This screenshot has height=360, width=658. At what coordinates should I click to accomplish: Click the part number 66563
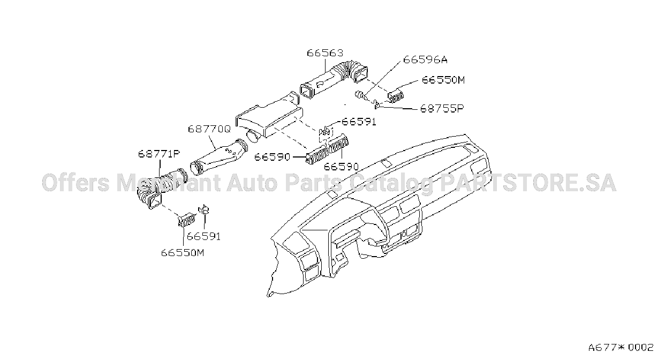pyautogui.click(x=325, y=53)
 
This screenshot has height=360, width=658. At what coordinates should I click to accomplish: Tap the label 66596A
pyautogui.click(x=425, y=59)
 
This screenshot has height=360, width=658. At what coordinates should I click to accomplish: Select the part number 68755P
pyautogui.click(x=442, y=108)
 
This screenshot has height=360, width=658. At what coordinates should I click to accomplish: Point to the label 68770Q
pyautogui.click(x=209, y=129)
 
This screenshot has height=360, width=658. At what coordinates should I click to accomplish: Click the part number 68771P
pyautogui.click(x=159, y=154)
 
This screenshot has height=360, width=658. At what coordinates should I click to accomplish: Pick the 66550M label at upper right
pyautogui.click(x=443, y=80)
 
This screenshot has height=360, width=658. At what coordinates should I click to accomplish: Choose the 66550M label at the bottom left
pyautogui.click(x=183, y=252)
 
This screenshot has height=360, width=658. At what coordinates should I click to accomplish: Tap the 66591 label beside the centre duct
pyautogui.click(x=359, y=122)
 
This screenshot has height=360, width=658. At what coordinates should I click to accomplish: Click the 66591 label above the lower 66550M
pyautogui.click(x=203, y=236)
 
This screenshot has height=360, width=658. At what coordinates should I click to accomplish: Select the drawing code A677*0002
pyautogui.click(x=621, y=348)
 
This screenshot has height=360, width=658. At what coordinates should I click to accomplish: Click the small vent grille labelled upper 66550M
pyautogui.click(x=395, y=97)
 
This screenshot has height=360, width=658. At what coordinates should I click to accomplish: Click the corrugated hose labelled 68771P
pyautogui.click(x=161, y=187)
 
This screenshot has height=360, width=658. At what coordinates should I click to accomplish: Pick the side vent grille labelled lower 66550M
pyautogui.click(x=186, y=220)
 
